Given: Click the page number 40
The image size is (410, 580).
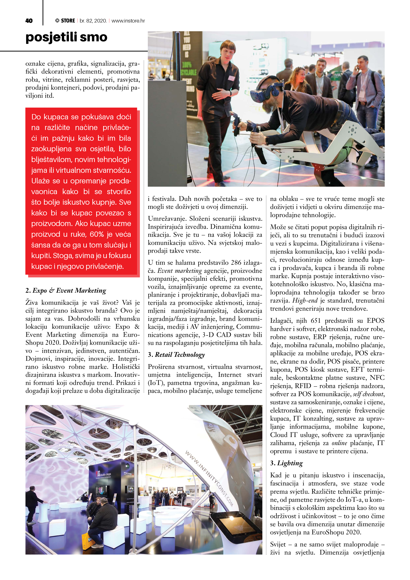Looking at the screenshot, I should (29, 21).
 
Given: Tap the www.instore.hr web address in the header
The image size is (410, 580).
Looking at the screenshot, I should (128, 21).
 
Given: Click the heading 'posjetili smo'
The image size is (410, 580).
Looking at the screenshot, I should (66, 37).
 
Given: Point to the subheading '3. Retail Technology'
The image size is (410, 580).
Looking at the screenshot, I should (176, 355).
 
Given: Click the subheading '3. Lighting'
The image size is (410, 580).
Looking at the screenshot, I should (287, 463).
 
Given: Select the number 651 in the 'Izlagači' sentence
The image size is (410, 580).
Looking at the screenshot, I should (316, 321).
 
